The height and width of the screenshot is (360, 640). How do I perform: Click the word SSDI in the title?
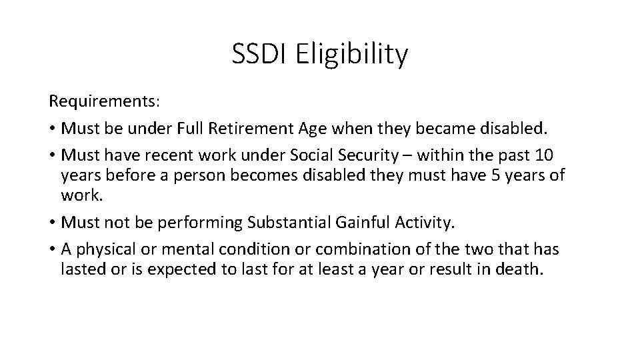tap(259, 54)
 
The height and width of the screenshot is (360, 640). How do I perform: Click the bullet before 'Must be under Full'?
tap(52, 129)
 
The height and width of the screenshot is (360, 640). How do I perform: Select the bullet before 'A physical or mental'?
tap(52, 249)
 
